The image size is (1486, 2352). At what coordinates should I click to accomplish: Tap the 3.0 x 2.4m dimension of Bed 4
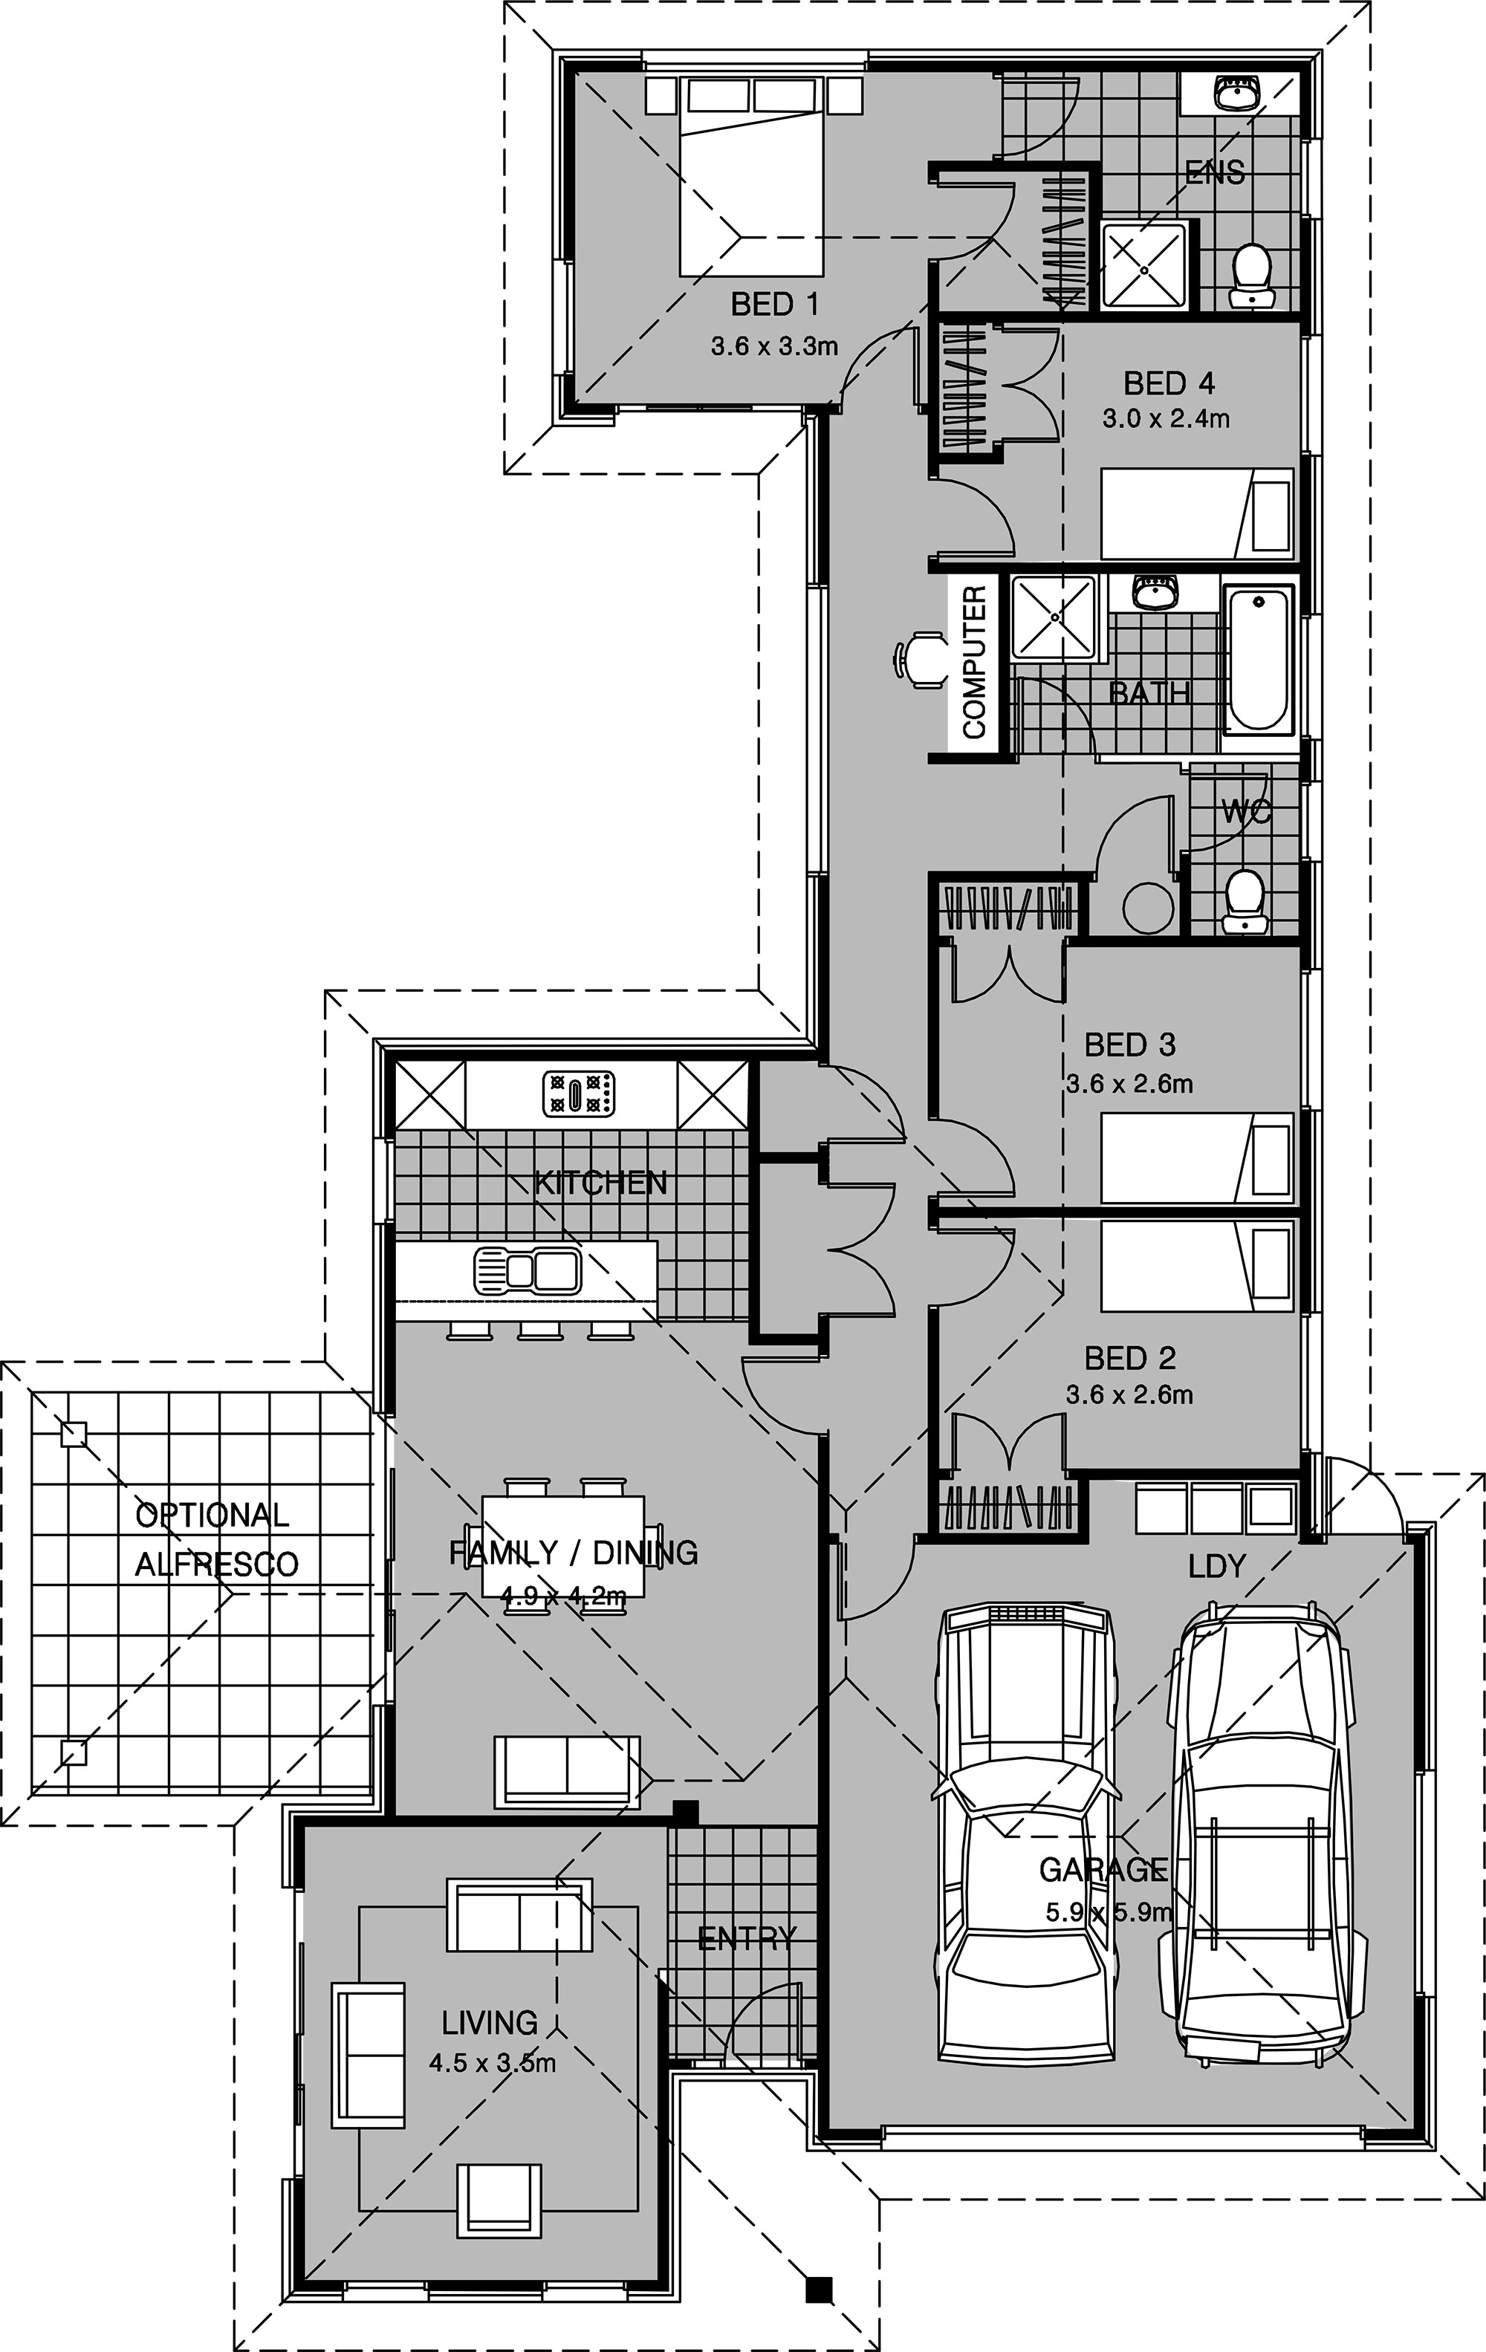point(1166,419)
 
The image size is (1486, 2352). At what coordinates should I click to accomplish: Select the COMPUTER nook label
point(974,662)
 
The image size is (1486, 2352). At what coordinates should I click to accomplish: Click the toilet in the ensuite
point(1251,277)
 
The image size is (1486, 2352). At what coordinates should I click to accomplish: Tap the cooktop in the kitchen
point(580,1094)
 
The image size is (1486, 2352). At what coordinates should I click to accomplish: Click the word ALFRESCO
point(216,1564)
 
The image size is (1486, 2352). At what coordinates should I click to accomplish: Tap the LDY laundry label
point(1216,1566)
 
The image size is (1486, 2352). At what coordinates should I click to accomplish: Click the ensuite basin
point(1237,94)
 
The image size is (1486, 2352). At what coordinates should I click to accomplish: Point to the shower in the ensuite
point(1145,267)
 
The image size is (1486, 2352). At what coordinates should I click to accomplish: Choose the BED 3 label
point(1129,1045)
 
